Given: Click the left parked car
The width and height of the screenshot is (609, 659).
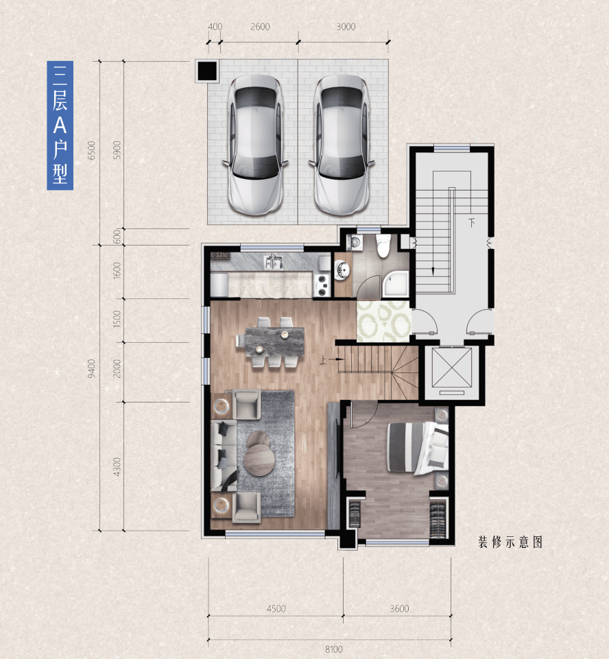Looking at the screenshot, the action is tap(256, 145).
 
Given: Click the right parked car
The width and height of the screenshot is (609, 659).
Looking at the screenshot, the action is tap(342, 145).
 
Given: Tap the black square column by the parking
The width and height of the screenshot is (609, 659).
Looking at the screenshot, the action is tap(207, 71).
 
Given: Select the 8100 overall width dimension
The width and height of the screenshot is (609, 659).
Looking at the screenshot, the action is tap(334, 649).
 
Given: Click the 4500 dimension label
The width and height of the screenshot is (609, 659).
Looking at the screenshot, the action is tap(276, 608).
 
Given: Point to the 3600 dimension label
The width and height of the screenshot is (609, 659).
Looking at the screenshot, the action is tap(399, 608).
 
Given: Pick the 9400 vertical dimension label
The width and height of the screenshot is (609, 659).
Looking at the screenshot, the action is tap(91, 368).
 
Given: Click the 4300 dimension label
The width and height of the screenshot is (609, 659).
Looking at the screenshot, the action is tap(117, 467).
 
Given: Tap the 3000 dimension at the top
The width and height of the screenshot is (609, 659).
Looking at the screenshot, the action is tap(346, 27).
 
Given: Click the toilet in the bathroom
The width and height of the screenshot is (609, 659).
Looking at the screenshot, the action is tap(383, 245).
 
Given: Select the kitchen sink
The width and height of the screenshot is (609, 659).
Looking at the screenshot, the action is tap(273, 262).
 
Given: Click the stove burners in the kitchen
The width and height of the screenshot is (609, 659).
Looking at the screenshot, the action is tap(322, 285).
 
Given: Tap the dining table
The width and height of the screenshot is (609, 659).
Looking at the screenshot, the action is tap(275, 342).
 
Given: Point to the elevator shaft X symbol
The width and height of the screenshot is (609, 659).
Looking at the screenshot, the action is tap(452, 367).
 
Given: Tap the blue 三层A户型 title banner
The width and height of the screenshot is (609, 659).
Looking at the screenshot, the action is tap(60, 125).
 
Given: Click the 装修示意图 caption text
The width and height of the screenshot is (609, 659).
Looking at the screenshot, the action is tap(510, 542).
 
